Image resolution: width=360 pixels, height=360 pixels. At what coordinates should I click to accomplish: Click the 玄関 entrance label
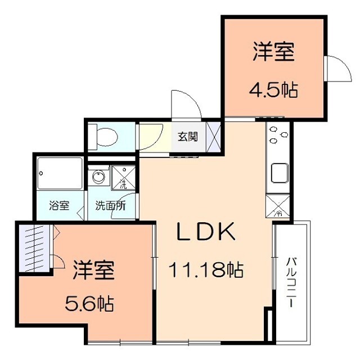coord(188,137)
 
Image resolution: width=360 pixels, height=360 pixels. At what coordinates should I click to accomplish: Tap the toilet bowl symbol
coord(103,137)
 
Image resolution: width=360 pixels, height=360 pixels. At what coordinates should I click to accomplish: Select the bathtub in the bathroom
coord(60,173)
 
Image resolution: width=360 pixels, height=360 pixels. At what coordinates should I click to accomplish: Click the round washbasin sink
coord(99,176)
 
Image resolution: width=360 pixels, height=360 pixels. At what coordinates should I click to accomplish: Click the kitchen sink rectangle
coord(280,173)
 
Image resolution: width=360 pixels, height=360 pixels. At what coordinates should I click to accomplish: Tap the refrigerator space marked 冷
coord(277,206)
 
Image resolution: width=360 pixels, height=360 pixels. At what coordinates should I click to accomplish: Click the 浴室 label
coord(59,205)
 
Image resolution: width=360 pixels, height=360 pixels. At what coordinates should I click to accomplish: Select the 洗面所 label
coord(111,205)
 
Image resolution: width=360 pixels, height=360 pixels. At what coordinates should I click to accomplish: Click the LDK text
coord(206,231)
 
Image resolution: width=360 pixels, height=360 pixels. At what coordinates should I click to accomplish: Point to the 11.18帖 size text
coord(206,270)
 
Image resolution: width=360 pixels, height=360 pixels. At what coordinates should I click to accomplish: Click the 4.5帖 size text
coord(273,89)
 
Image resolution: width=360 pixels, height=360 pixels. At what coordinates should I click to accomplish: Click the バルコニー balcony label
coord(291,282)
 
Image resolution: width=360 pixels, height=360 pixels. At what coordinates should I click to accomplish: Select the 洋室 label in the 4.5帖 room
coord(274,51)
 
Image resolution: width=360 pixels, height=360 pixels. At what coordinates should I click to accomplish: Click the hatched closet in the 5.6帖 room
coord(34,249)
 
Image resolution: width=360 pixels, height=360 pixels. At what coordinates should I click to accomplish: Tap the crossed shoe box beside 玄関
coord(213,137)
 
